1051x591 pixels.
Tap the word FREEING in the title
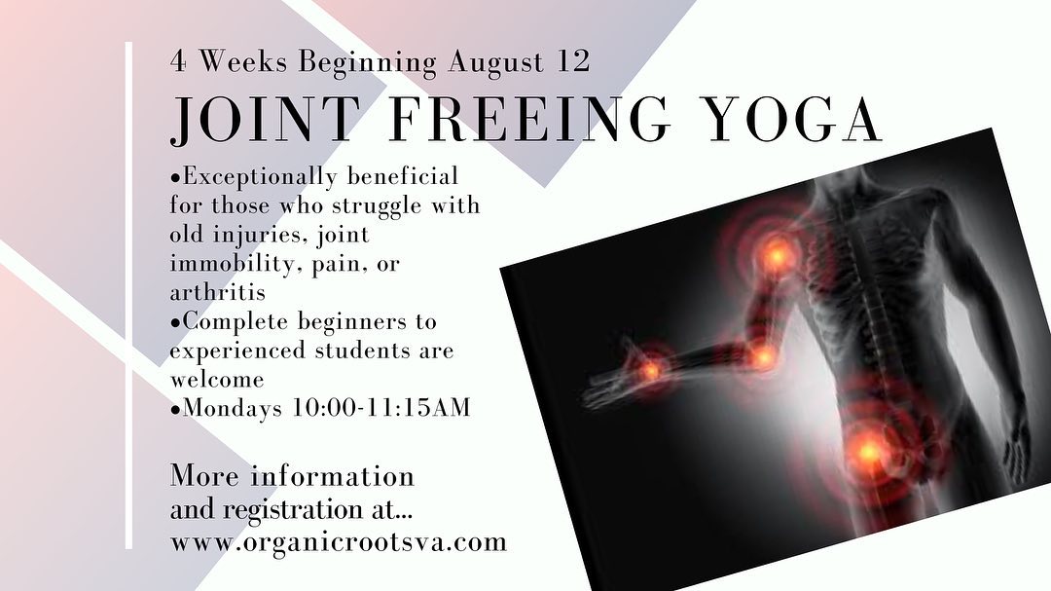coord(529,120)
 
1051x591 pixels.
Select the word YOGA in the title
coord(794,120)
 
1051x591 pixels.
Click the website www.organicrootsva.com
coord(339,541)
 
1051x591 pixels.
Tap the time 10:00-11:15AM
coord(381,407)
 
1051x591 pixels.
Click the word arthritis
coord(218,292)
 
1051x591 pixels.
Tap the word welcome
coord(216,379)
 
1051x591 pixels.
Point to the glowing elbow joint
coord(762,358)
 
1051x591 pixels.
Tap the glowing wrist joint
coord(649,370)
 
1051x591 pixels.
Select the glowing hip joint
coord(868,452)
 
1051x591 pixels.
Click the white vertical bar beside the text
coord(128,295)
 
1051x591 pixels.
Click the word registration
coord(292,510)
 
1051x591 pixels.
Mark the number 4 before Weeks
coord(178,62)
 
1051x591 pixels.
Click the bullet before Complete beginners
coord(175,322)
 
